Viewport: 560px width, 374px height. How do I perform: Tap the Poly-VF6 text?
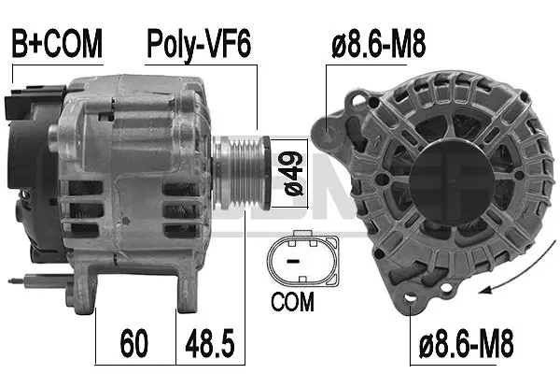[x=197, y=43]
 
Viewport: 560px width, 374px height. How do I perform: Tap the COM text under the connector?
[x=293, y=303]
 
